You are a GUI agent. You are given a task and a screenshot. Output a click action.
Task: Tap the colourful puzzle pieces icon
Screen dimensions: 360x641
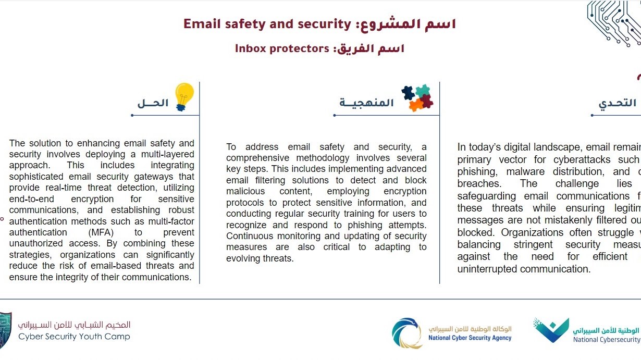click(x=417, y=97)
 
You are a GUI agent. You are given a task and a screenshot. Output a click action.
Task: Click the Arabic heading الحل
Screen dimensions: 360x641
click(x=153, y=103)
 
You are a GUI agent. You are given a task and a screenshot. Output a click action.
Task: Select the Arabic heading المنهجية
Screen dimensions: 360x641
click(x=366, y=103)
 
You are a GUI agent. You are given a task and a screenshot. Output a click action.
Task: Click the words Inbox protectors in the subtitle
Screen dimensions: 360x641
click(x=282, y=48)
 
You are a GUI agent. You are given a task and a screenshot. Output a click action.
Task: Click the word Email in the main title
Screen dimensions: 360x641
click(x=202, y=24)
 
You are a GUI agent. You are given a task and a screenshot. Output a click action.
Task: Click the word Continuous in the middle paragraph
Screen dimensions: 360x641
click(x=248, y=236)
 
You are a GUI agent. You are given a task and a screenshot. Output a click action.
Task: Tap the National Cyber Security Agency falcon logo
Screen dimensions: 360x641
click(x=408, y=333)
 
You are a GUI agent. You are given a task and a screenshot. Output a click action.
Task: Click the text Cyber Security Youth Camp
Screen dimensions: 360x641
click(x=75, y=337)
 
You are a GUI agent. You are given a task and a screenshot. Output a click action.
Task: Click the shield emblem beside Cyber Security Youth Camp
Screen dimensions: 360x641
click(x=5, y=330)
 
